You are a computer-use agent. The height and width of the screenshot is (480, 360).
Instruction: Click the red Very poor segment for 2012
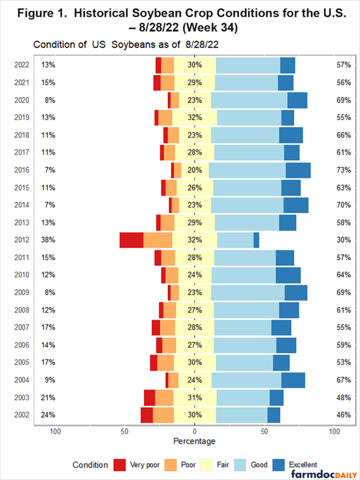coord(131,240)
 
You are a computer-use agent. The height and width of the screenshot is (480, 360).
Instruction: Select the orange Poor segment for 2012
coord(157,240)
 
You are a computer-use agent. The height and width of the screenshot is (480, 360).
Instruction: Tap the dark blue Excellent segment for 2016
coord(298,170)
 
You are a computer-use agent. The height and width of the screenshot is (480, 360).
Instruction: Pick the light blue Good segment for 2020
coord(249,100)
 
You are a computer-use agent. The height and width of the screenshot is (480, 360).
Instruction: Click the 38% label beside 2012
coord(48,240)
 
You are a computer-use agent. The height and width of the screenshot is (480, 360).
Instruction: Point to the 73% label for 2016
coord(344,170)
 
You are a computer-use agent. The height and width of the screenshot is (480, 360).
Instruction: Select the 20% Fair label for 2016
coord(195,170)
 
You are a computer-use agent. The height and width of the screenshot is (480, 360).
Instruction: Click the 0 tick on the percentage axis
coord(195,431)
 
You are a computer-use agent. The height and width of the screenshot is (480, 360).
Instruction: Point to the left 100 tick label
coord(56,431)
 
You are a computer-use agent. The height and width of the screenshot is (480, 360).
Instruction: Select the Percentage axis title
coord(195,442)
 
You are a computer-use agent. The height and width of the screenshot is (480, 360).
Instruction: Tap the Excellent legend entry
coord(302,465)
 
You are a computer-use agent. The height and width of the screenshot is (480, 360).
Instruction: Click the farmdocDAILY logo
coord(323,474)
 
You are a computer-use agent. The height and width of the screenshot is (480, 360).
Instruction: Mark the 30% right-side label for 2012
coord(344,240)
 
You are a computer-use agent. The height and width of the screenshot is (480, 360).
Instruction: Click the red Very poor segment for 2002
coord(147,415)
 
